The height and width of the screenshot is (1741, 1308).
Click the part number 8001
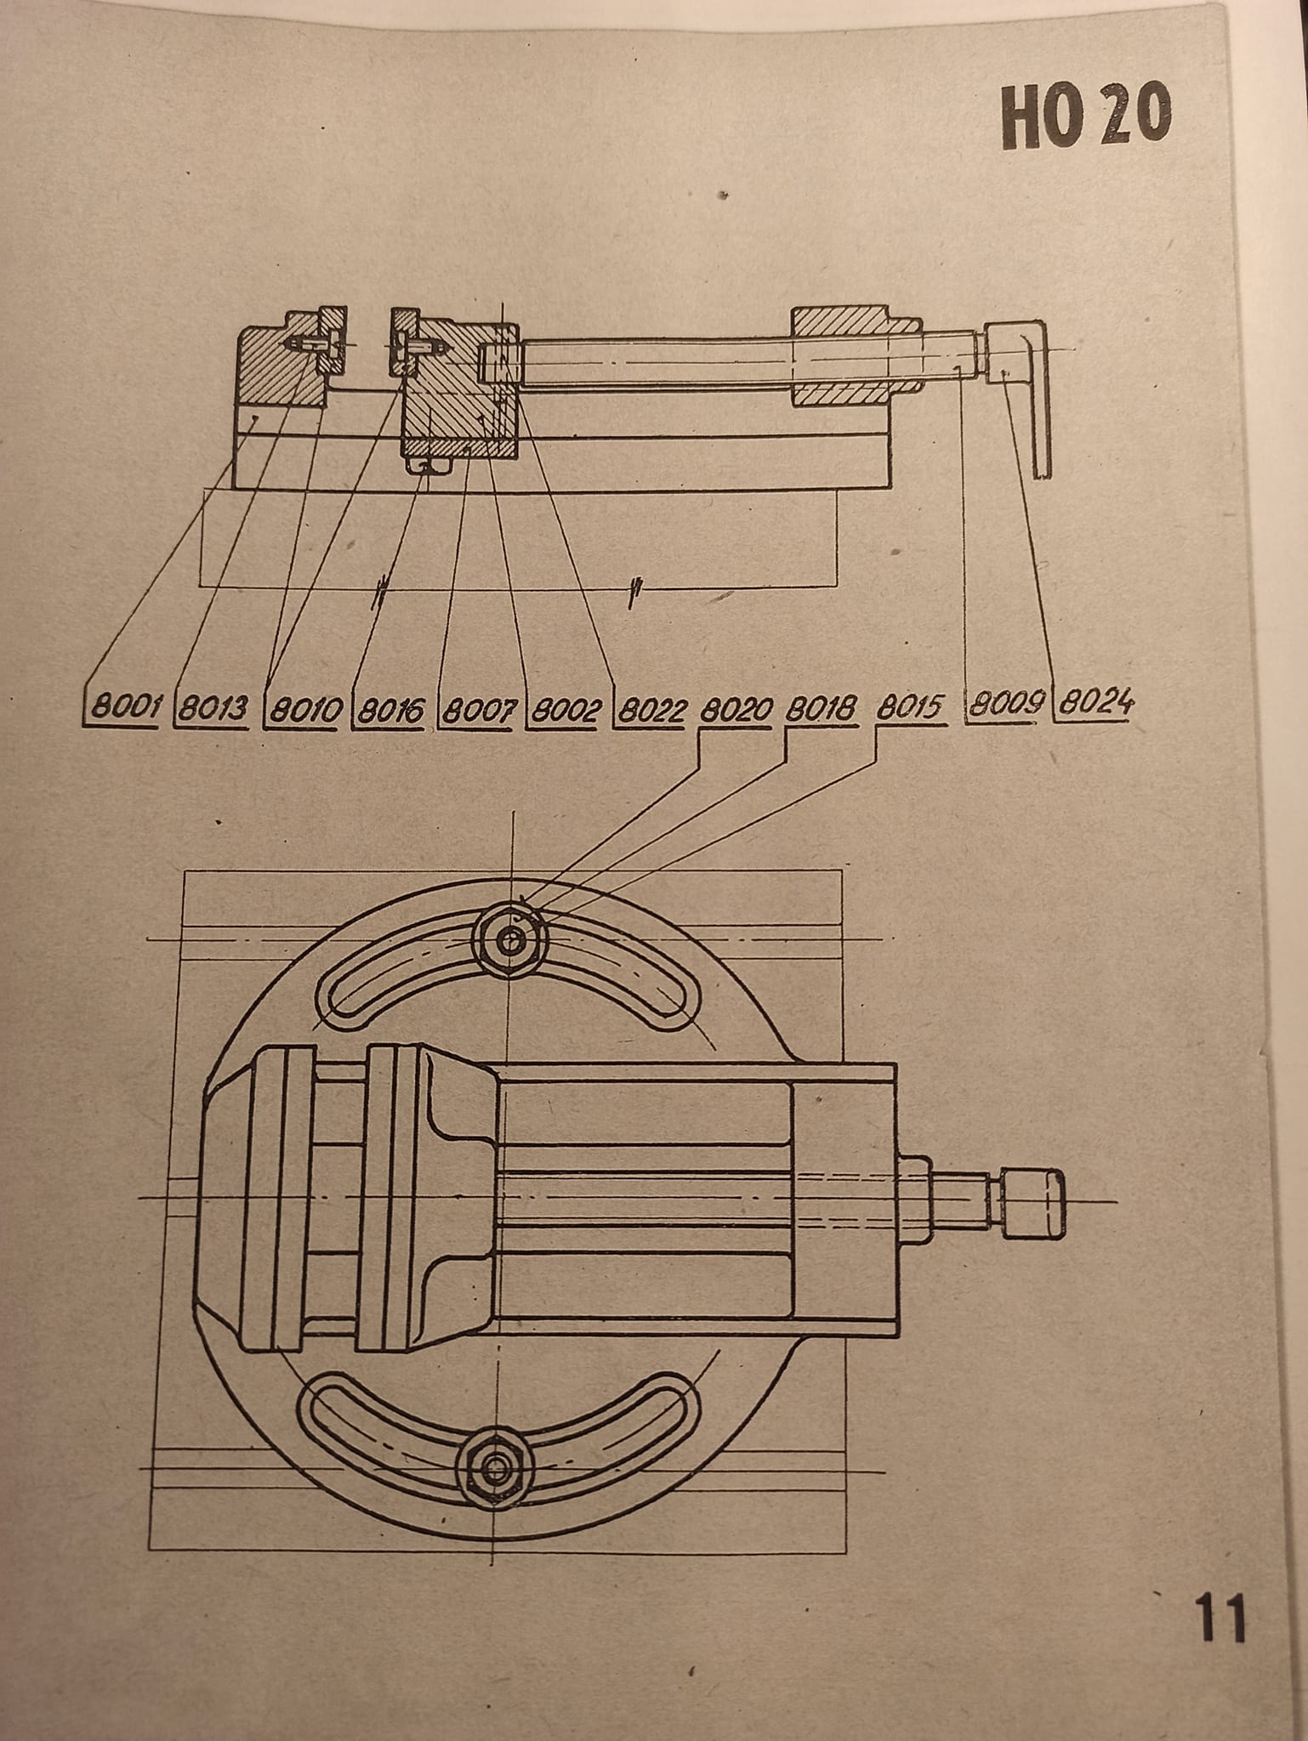point(125,708)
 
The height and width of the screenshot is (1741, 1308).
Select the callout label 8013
point(213,708)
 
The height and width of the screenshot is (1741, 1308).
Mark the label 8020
point(736,708)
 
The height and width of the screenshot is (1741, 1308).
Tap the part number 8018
point(821,708)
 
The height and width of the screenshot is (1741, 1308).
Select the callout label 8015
point(911,707)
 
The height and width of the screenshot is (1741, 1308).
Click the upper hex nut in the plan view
point(510,940)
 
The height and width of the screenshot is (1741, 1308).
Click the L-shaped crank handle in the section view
point(1025,374)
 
